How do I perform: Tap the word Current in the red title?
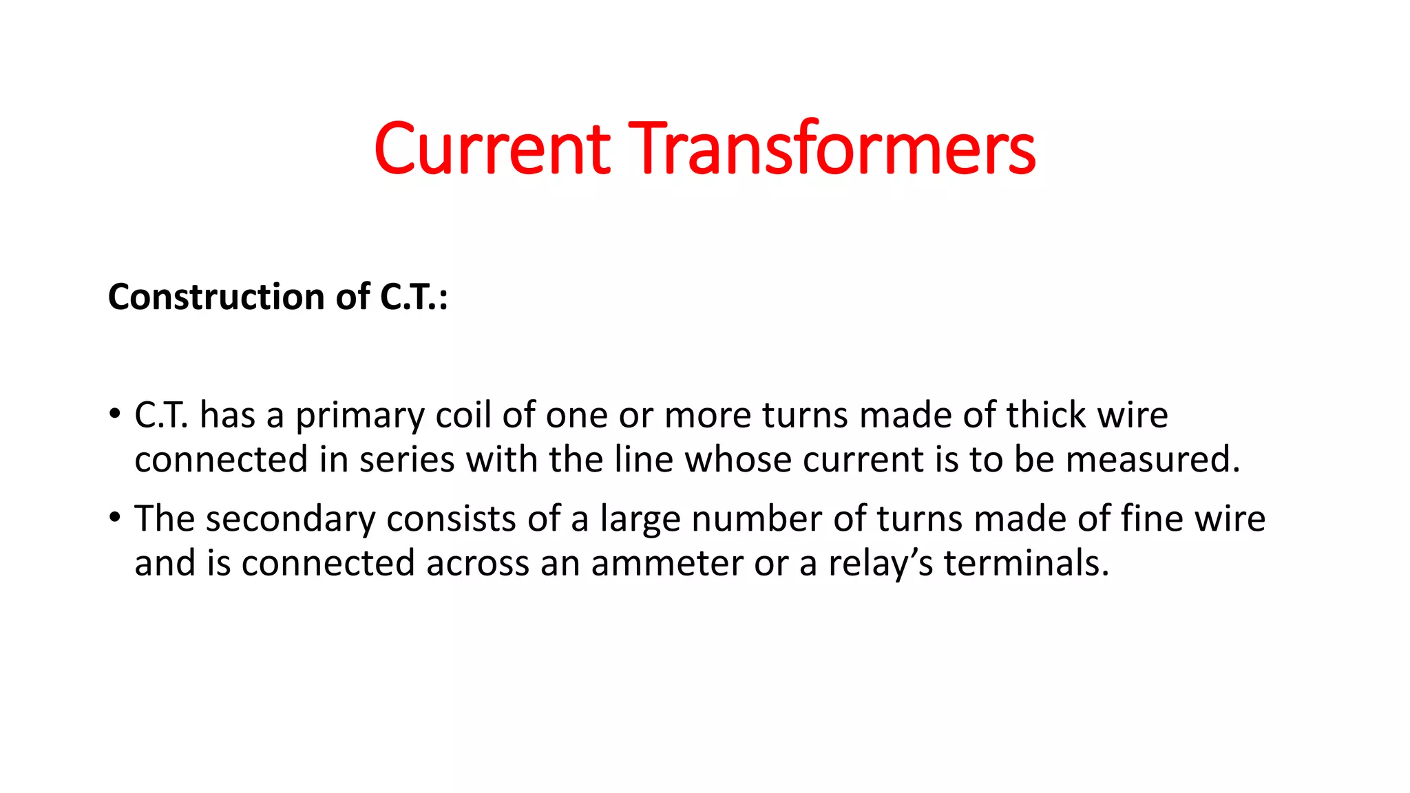click(x=492, y=149)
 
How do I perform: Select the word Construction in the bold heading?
click(x=216, y=297)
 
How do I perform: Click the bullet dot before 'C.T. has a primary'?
click(x=114, y=414)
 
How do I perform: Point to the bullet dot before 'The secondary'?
click(x=114, y=518)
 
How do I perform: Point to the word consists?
click(x=451, y=519)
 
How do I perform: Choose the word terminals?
click(x=1026, y=564)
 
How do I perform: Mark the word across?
click(x=478, y=564)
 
